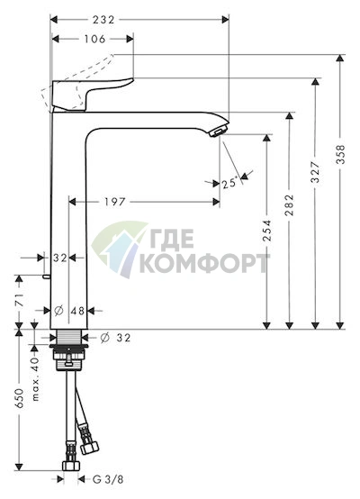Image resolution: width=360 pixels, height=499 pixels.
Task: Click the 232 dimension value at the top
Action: pyautogui.click(x=103, y=20)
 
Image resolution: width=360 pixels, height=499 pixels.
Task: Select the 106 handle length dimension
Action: pyautogui.click(x=94, y=39)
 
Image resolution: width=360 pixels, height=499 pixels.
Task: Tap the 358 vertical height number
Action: pyautogui.click(x=340, y=154)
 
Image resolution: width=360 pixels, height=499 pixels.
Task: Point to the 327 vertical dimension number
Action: pyautogui.click(x=315, y=172)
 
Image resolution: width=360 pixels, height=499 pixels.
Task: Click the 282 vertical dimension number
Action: pyautogui.click(x=290, y=205)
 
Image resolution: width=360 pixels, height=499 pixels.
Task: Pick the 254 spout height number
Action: pyautogui.click(x=267, y=230)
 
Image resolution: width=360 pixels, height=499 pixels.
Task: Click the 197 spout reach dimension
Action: pyautogui.click(x=115, y=202)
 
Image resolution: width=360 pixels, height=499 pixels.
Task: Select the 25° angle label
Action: pyautogui.click(x=229, y=183)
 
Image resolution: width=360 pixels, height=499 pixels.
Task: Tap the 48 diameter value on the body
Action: pyautogui.click(x=77, y=311)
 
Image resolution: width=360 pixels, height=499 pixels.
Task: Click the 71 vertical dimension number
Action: pyautogui.click(x=20, y=300)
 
